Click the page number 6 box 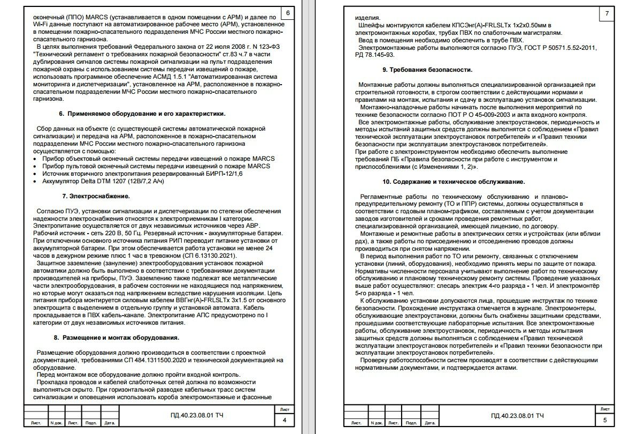tap(288, 13)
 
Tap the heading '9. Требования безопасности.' tap(427, 70)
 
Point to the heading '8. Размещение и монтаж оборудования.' tap(117, 338)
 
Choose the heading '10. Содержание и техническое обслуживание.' tap(454, 182)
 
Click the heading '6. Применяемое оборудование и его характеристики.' tap(142, 114)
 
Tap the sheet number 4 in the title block tap(285, 420)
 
